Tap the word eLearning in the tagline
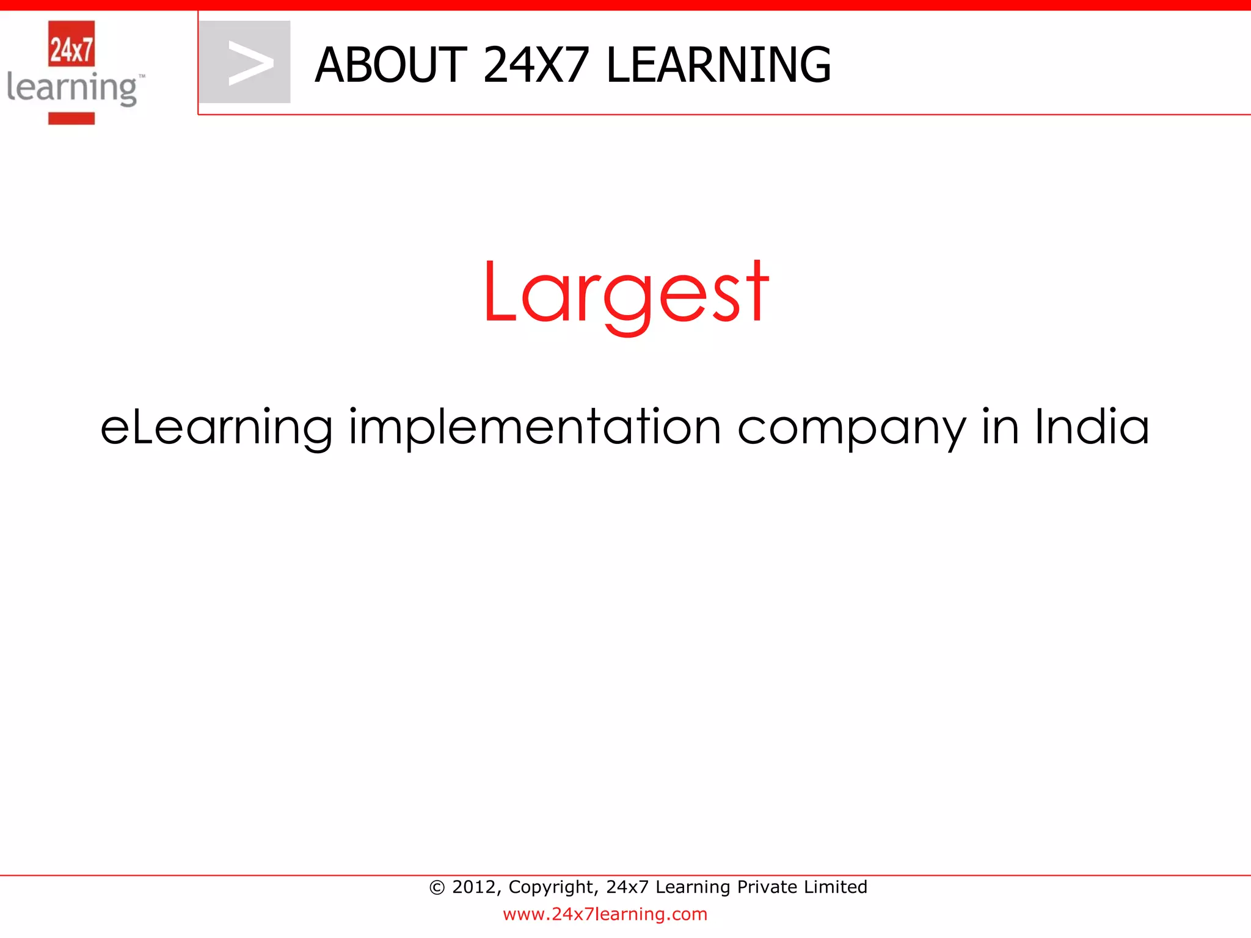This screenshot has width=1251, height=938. tap(216, 427)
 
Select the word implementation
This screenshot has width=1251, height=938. tap(535, 427)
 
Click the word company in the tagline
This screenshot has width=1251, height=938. tap(852, 427)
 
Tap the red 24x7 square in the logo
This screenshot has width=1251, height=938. tap(71, 44)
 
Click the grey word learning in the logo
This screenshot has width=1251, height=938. tap(71, 89)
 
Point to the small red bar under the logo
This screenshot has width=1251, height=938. tap(71, 118)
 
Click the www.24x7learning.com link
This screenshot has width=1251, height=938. tap(605, 914)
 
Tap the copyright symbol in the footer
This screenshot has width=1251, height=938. tap(437, 887)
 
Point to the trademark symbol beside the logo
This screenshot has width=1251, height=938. tap(142, 77)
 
